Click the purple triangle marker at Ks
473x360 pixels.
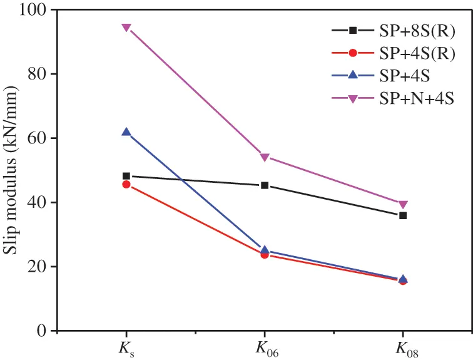[x=126, y=28]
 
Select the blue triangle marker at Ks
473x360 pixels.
[x=126, y=132]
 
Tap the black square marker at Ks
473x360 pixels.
[x=126, y=176]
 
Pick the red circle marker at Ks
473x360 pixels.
[x=126, y=185]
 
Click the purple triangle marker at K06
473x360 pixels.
[x=265, y=157]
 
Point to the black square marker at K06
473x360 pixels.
[x=265, y=185]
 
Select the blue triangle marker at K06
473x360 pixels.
[x=265, y=250]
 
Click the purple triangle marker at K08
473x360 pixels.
[x=403, y=205]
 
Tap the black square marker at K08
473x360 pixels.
[x=403, y=215]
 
